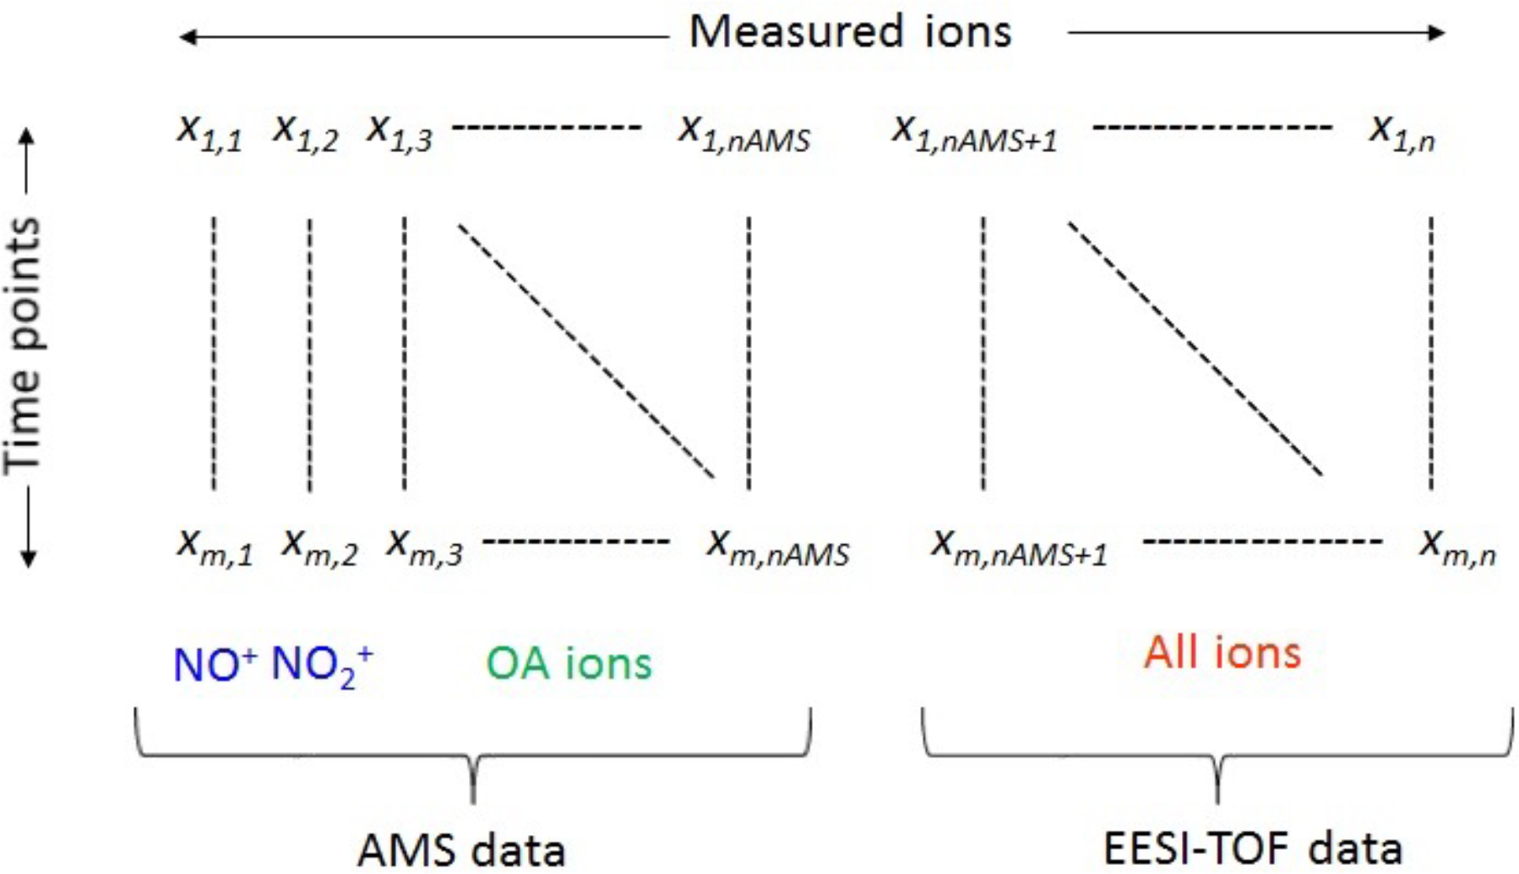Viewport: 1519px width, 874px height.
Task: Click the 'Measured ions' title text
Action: pos(850,32)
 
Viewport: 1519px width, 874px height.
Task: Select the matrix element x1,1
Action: pos(210,134)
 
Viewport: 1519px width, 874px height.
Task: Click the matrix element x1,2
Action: pos(306,134)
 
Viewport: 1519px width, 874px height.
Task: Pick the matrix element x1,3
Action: pos(400,134)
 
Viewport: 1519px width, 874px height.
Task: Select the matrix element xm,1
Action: pos(215,547)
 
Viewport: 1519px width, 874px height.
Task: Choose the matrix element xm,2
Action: pos(319,547)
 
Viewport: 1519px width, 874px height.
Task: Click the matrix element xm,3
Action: pos(424,547)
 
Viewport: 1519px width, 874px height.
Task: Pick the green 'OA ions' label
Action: pos(569,664)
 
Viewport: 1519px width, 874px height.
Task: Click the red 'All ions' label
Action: pos(1222,653)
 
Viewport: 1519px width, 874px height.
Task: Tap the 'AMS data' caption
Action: pos(461,849)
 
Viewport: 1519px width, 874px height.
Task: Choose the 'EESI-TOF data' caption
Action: pos(1253,848)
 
